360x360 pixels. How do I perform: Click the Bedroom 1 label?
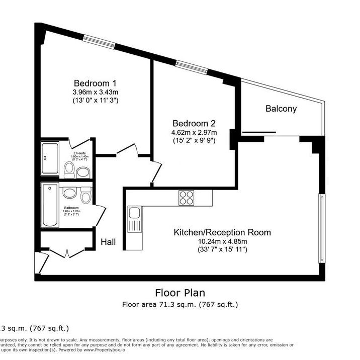click(95, 83)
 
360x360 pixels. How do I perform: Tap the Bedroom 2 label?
click(194, 124)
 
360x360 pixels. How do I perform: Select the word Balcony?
click(281, 109)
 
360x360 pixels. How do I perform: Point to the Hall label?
click(108, 242)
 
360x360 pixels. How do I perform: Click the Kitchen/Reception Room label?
click(222, 233)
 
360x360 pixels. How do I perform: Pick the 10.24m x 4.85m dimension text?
click(222, 241)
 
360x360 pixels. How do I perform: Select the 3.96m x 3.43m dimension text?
click(95, 92)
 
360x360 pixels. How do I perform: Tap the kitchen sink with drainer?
click(134, 220)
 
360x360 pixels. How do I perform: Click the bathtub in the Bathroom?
click(50, 205)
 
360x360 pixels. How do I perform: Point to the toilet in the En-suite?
click(70, 168)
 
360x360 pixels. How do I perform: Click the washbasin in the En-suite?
click(83, 172)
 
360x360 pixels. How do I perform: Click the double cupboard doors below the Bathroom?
click(66, 251)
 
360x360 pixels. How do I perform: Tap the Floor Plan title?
click(179, 293)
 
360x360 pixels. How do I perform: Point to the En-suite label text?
click(79, 153)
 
